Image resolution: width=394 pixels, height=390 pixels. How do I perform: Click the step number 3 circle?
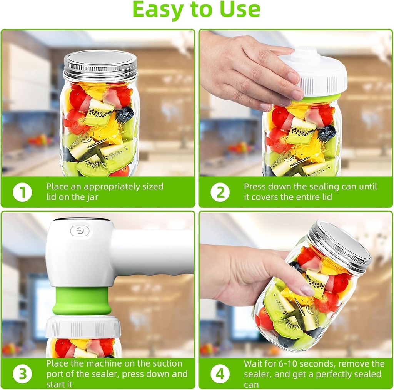click(x=22, y=373)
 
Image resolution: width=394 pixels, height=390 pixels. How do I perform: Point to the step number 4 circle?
click(x=220, y=373)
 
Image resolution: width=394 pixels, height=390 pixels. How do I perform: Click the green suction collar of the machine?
click(x=82, y=300)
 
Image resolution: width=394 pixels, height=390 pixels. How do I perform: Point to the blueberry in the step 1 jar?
click(x=125, y=114)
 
